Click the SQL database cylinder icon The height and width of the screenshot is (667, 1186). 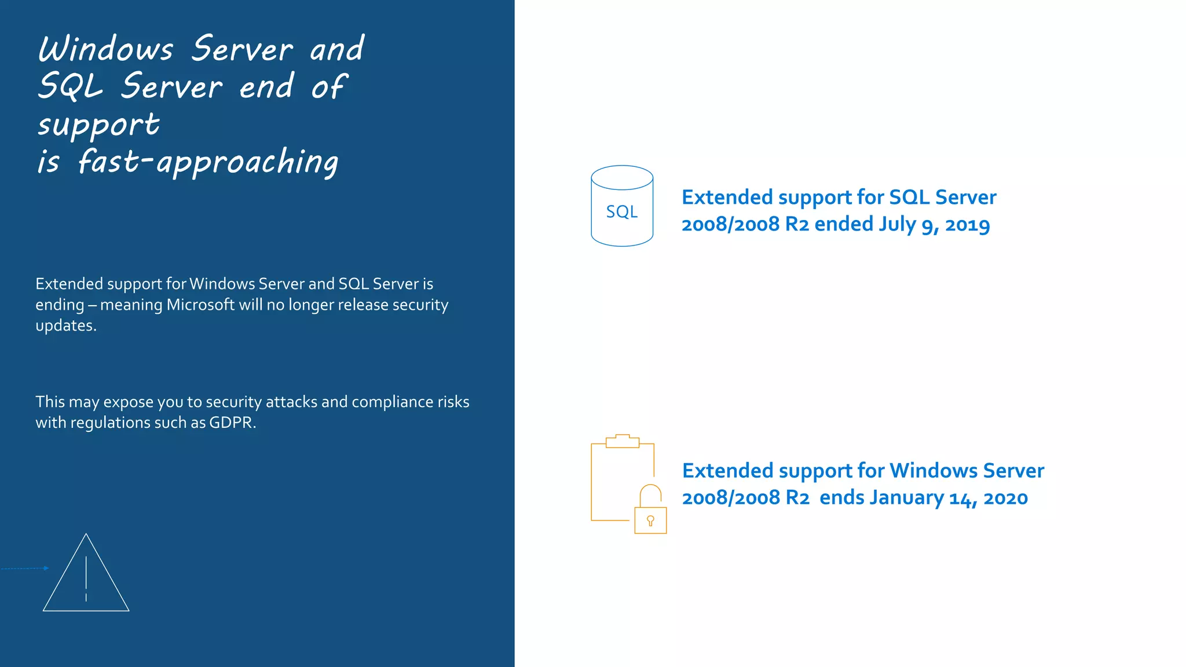pyautogui.click(x=622, y=206)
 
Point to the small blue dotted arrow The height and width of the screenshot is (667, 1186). pyautogui.click(x=25, y=569)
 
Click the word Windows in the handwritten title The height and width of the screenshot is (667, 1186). pyautogui.click(x=105, y=49)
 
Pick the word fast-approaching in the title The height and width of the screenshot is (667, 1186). pyautogui.click(x=208, y=162)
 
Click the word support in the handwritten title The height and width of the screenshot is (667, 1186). pyautogui.click(x=98, y=125)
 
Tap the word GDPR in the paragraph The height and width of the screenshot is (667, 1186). pyautogui.click(x=230, y=423)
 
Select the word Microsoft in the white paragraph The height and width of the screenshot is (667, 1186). pyautogui.click(x=200, y=305)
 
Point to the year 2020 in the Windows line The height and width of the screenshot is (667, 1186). pyautogui.click(x=1005, y=498)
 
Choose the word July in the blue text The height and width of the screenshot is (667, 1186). pyautogui.click(x=897, y=224)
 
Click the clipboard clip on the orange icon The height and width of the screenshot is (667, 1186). pyautogui.click(x=623, y=441)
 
